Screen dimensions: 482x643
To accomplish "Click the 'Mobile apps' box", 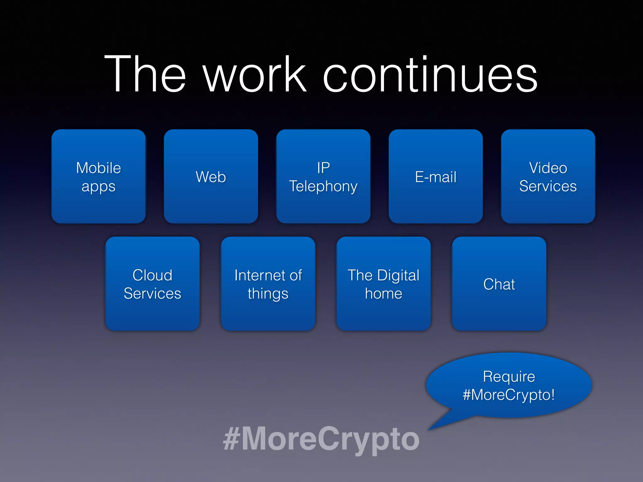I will point(99,176).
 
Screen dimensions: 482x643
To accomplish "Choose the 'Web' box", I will point(211,176).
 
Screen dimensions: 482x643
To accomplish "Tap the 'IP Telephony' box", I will point(323,176).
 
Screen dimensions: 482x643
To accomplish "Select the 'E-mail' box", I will point(436,176).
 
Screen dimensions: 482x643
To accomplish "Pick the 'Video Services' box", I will point(548,176).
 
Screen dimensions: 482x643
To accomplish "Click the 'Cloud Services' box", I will point(153,284).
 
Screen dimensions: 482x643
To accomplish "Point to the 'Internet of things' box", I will point(268,284).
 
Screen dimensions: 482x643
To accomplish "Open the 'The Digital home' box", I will point(384,284).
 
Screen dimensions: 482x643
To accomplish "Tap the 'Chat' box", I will point(499,284).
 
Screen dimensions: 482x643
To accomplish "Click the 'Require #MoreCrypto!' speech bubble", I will point(509,385).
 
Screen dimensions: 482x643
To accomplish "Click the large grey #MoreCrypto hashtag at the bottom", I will point(321,439).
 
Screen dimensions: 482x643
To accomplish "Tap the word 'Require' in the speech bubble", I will point(509,376).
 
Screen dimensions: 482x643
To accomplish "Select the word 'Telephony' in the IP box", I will point(323,186).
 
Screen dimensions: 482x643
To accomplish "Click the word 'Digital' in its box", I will point(398,276).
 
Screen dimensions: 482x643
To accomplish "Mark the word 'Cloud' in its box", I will point(153,275).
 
